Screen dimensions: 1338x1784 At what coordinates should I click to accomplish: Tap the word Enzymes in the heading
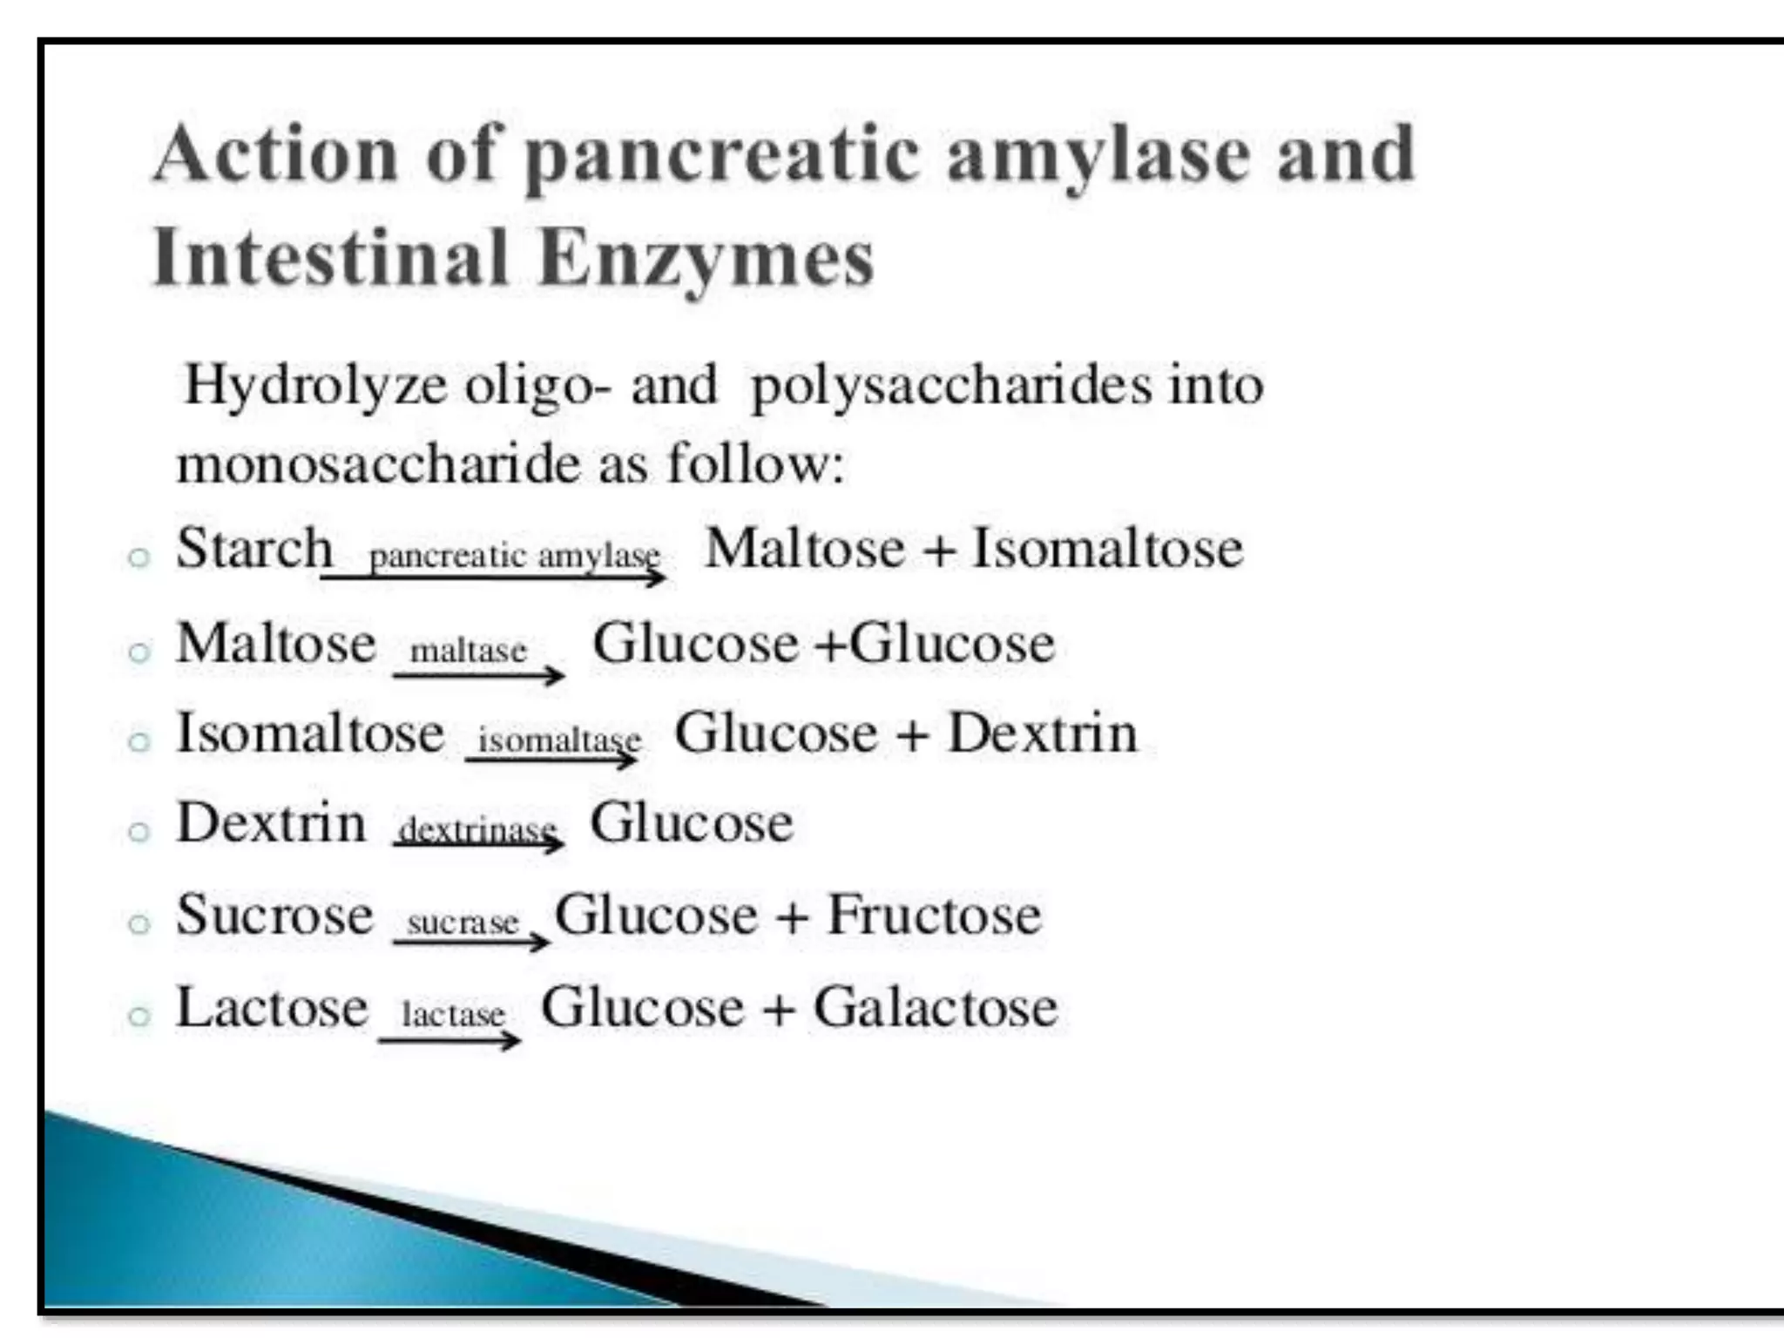point(706,259)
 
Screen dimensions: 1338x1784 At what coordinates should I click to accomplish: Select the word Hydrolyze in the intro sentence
point(315,385)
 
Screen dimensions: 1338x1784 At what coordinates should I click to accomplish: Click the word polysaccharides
point(951,385)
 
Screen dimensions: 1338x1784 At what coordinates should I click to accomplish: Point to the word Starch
point(254,549)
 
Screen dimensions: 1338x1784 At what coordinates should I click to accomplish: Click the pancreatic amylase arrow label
point(514,555)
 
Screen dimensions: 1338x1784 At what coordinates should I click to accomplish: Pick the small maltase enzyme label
point(469,650)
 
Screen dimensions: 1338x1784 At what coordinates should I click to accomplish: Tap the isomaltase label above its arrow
point(559,740)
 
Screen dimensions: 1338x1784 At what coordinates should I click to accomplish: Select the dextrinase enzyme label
point(477,830)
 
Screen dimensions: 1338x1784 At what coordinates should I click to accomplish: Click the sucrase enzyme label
point(463,922)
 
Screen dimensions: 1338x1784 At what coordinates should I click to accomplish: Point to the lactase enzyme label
point(453,1014)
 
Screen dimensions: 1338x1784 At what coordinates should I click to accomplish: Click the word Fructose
point(934,915)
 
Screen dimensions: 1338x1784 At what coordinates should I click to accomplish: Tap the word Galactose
point(936,1007)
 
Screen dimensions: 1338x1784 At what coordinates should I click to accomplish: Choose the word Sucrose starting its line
point(274,915)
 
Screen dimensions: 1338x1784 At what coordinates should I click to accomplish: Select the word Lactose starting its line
point(272,1007)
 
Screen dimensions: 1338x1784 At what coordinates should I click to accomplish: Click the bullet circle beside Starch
point(139,557)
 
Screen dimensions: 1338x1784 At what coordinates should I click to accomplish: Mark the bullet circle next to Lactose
point(139,1016)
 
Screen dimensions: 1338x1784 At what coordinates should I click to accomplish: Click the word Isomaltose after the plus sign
point(1107,549)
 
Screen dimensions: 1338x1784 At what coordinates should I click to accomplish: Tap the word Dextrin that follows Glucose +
point(1042,733)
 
